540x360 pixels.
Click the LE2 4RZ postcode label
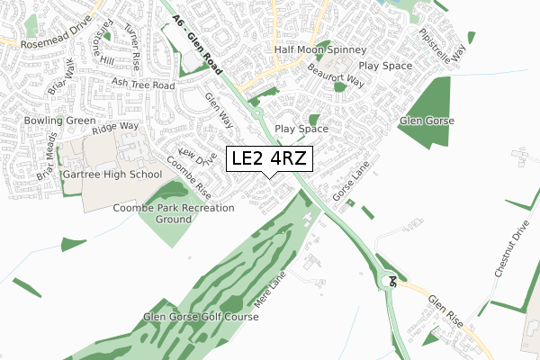(x=270, y=158)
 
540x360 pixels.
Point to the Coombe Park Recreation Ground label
(x=174, y=213)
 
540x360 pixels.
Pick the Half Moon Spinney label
(x=314, y=49)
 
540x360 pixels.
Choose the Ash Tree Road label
(x=142, y=84)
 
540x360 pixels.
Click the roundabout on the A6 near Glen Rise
(x=389, y=281)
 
